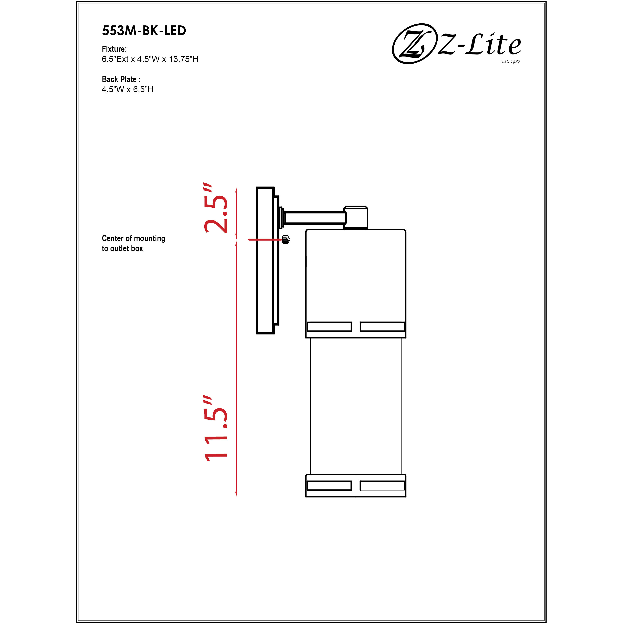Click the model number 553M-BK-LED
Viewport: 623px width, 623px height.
click(x=144, y=31)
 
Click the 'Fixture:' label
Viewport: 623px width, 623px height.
click(x=114, y=49)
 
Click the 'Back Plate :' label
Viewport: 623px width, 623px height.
click(x=121, y=79)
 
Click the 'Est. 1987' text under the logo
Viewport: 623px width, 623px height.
click(x=510, y=61)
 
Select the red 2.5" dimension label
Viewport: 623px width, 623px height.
click(x=215, y=209)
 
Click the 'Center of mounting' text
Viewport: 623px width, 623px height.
click(x=134, y=238)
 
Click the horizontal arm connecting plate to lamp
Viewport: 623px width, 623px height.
click(x=314, y=218)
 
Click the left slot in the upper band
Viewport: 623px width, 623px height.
click(x=329, y=326)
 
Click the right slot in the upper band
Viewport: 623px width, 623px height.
click(x=382, y=326)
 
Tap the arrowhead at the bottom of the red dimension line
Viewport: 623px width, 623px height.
click(x=236, y=494)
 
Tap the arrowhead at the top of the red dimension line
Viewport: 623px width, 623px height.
click(x=236, y=190)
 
